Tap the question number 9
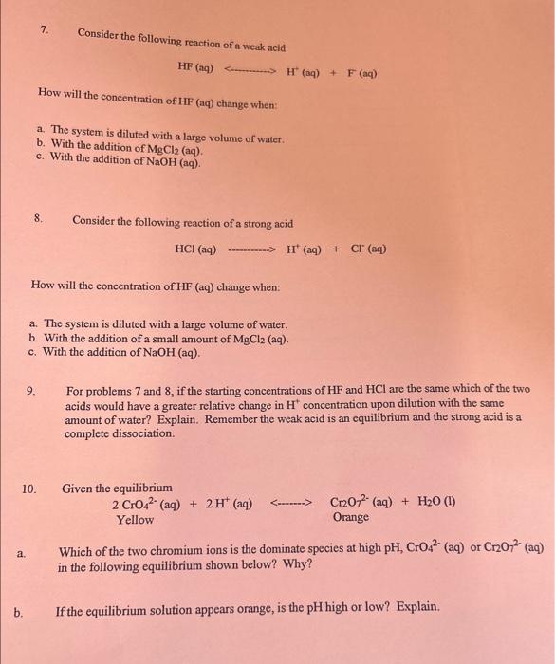[x=32, y=390]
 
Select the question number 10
[x=29, y=489]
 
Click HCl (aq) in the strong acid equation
[x=195, y=250]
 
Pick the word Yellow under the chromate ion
[x=135, y=519]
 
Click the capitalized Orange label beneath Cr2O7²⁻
[x=351, y=518]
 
